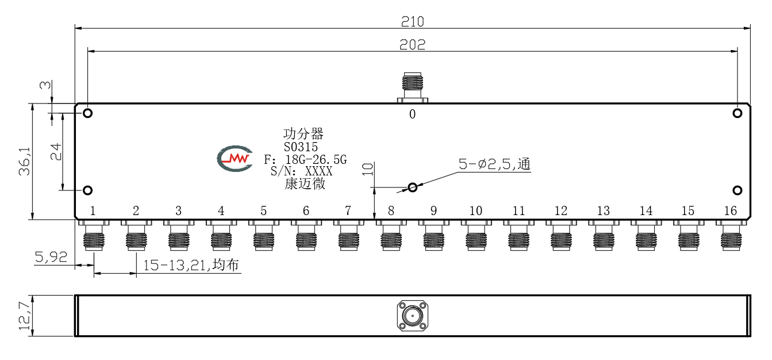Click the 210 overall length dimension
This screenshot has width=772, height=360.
coord(412,22)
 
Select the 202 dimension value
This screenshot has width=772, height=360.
coord(412,44)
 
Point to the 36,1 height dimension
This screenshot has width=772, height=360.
coord(25,162)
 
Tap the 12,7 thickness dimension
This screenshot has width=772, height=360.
coord(25,316)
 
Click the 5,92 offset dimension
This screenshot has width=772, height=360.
coord(51,257)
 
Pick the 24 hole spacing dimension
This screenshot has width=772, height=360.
coord(56,152)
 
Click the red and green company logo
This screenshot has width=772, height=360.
coord(235,159)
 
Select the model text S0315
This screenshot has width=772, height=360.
coord(301,147)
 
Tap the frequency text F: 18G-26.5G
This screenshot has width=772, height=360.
coord(305,159)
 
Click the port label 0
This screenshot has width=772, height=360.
coord(412,114)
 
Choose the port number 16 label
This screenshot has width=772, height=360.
coord(730,210)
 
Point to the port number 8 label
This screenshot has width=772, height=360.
coord(391,210)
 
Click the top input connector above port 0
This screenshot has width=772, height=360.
coord(413,87)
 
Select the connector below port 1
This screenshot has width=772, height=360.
coord(94,235)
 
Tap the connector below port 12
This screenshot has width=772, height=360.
coord(561,235)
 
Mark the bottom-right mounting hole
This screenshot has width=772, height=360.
coord(737,190)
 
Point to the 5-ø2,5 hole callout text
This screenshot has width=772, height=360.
coord(494,164)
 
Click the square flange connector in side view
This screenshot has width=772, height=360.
coord(413,316)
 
